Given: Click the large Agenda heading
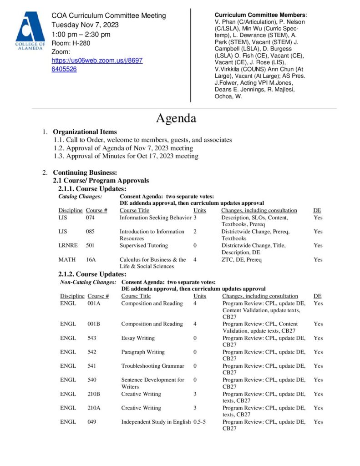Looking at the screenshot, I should (176, 118).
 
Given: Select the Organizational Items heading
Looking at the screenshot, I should (85, 132).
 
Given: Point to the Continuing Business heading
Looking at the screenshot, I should (85, 172).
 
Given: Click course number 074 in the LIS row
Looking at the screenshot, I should (90, 218).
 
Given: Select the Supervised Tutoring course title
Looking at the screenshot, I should (143, 246).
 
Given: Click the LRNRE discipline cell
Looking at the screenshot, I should (68, 246).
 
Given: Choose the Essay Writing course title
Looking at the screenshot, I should (138, 338).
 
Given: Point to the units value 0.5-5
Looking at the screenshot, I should (199, 422).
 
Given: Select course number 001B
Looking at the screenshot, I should (94, 324).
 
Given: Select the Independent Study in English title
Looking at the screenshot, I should (156, 422).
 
